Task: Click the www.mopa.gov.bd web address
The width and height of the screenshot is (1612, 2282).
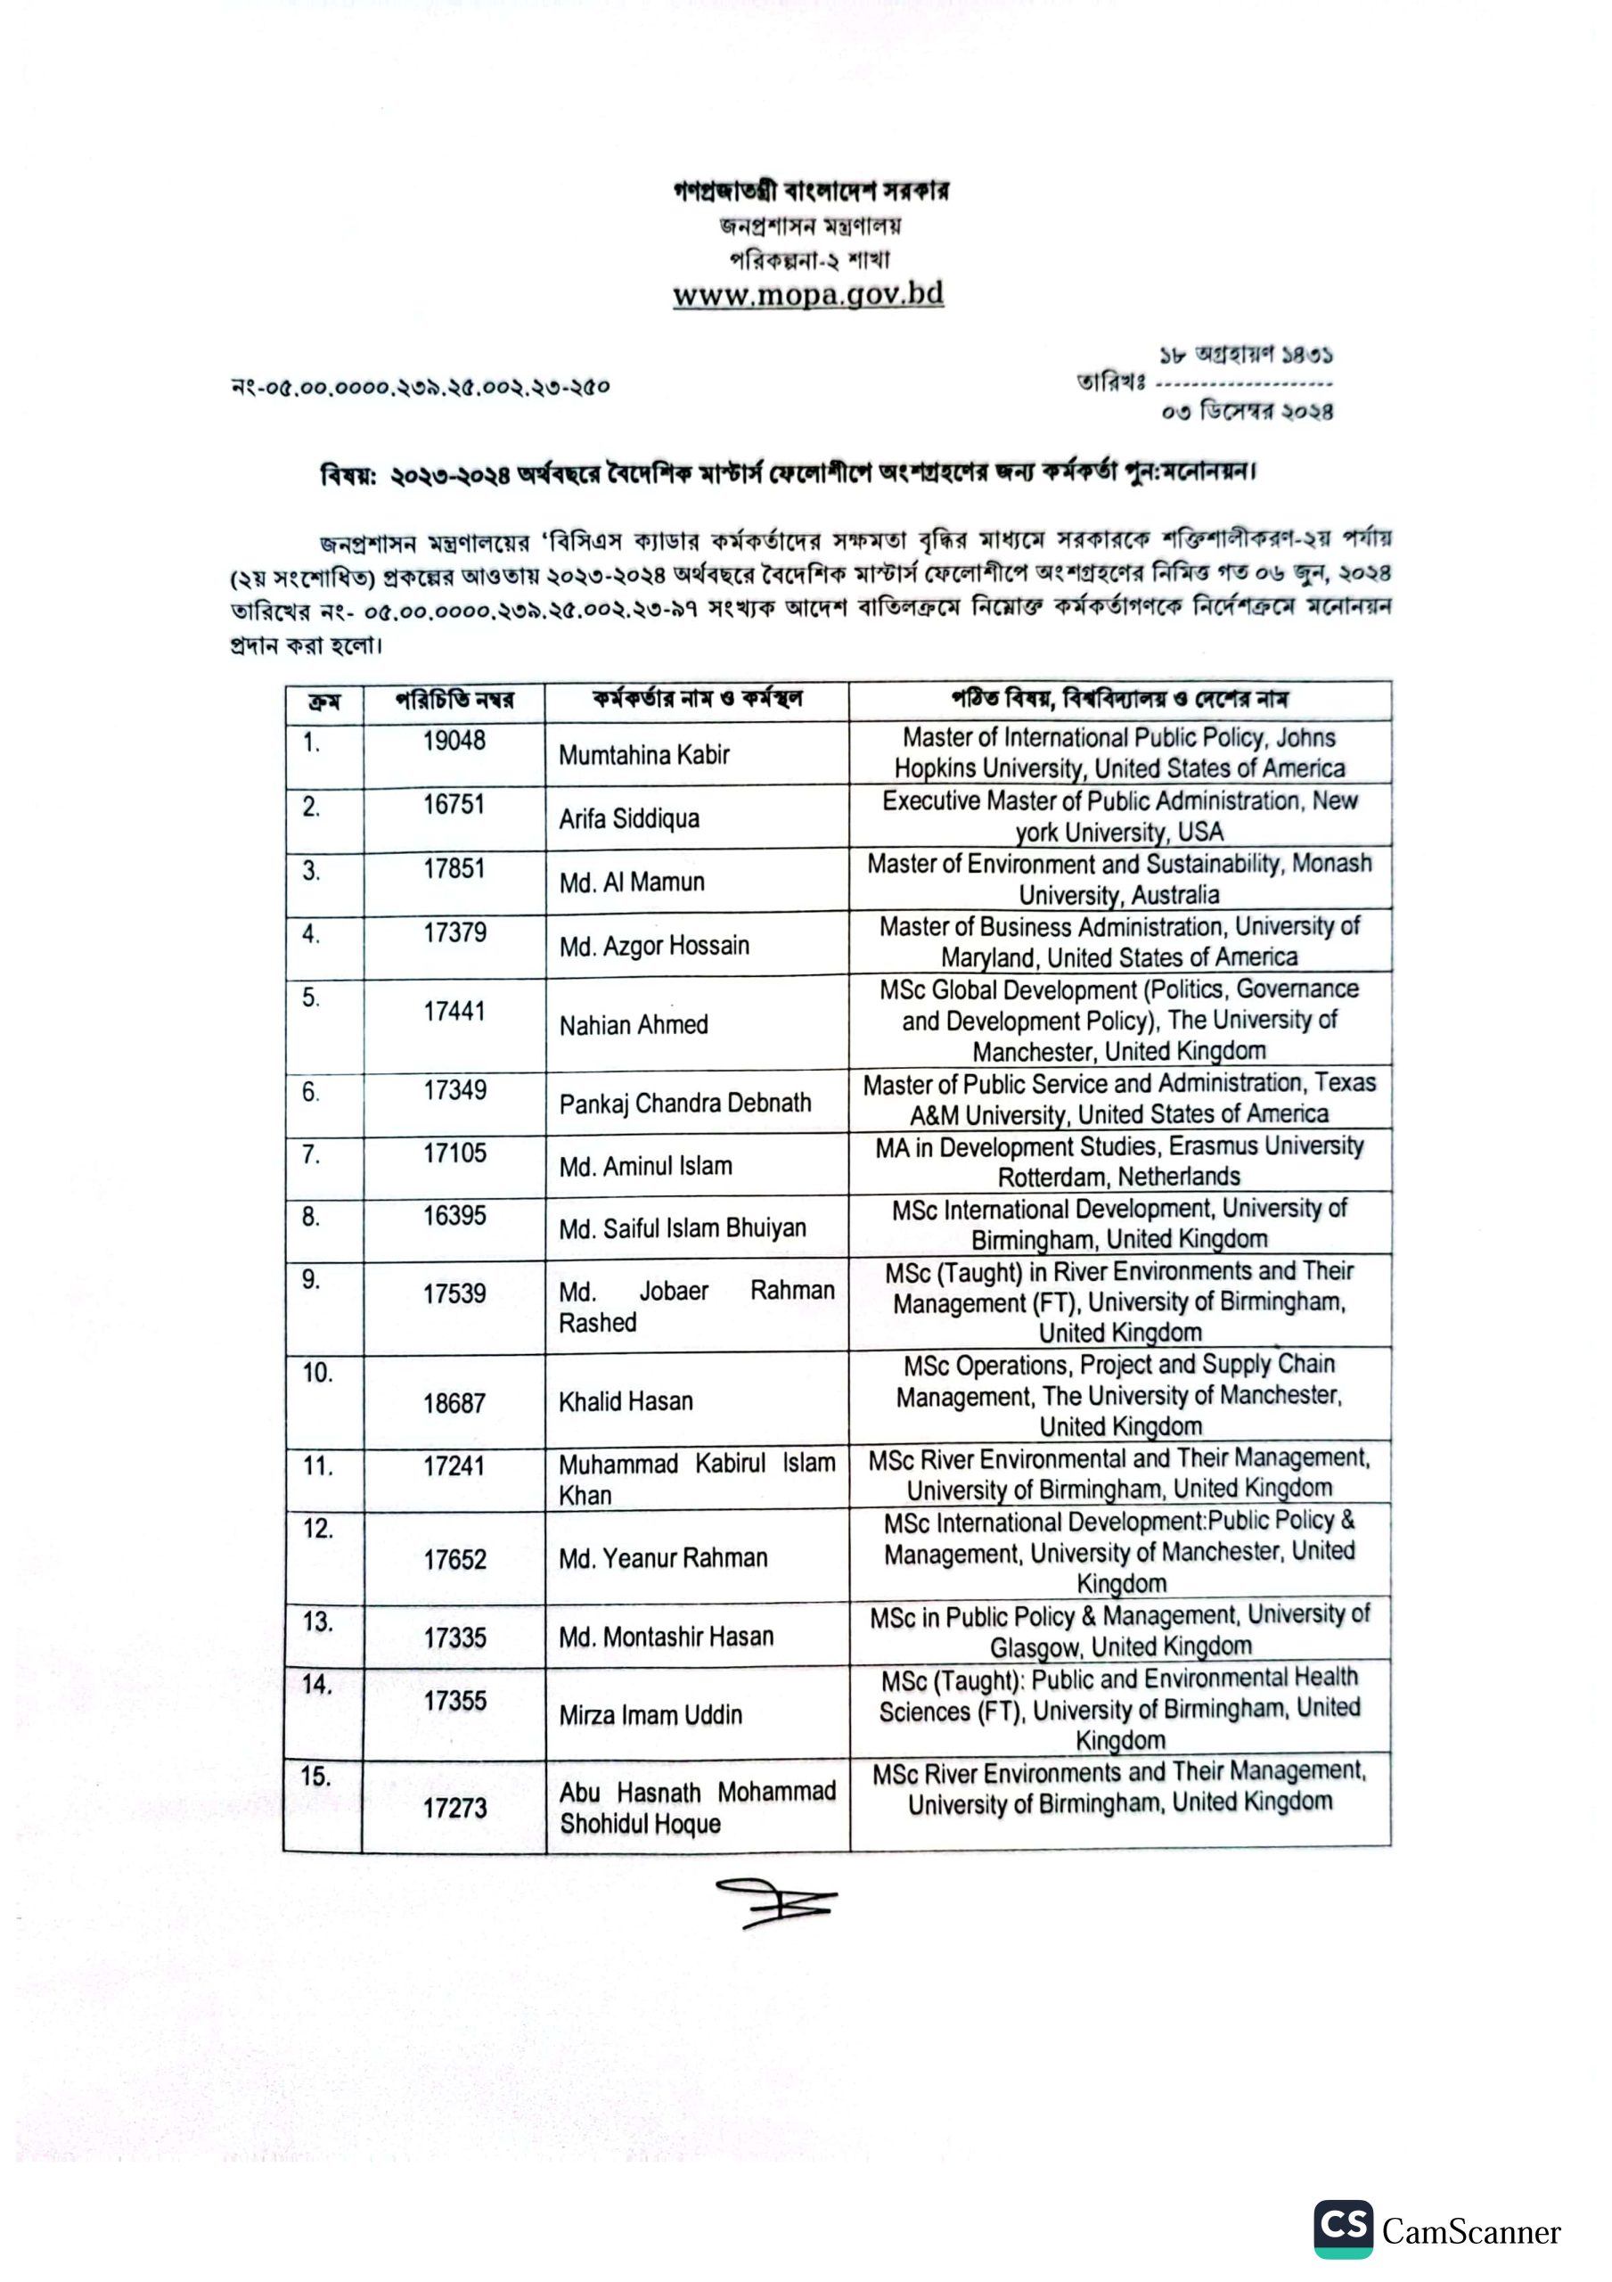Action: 808,295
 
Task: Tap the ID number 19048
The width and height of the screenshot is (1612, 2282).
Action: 454,741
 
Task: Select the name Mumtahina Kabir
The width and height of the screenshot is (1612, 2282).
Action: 643,755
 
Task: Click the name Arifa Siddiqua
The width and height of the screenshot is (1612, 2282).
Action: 628,819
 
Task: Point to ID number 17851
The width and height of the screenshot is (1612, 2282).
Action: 454,868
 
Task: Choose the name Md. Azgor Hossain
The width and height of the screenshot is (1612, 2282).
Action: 653,945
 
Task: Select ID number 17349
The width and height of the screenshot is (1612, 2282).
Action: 454,1090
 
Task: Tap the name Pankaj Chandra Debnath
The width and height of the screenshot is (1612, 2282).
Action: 684,1104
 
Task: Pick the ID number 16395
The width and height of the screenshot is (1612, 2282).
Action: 454,1216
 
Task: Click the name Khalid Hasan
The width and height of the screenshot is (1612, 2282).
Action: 626,1401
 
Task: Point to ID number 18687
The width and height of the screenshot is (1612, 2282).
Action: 454,1403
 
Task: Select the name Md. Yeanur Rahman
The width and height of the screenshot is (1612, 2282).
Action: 663,1557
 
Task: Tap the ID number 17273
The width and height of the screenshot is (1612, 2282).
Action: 454,1808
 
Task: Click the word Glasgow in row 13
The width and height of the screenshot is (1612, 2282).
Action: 1034,1648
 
